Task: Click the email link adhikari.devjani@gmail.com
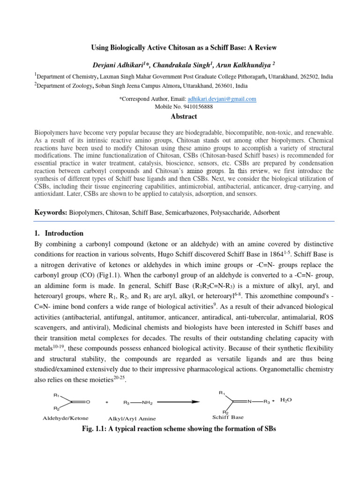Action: coord(222,99)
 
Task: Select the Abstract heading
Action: coord(184,116)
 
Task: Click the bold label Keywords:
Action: coord(51,212)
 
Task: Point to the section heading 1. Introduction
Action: coord(59,233)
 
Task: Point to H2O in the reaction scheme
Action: coord(286,400)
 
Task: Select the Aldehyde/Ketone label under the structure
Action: coord(66,418)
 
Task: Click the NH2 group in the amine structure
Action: coord(147,402)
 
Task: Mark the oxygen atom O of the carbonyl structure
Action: coord(88,402)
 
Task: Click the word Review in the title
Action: coord(266,48)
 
